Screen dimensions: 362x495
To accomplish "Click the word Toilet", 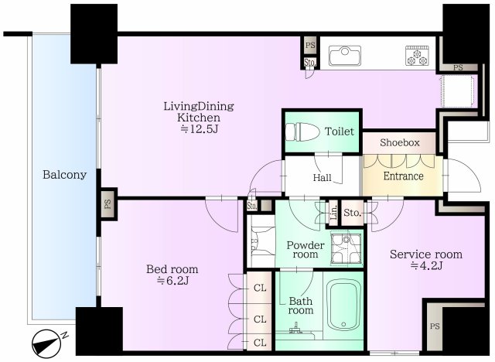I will point(340,131).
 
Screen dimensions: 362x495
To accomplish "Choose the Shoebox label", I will point(400,142).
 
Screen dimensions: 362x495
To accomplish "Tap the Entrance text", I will point(403,176).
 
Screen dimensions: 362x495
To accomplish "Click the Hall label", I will point(322,178).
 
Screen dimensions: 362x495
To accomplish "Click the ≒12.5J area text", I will point(198,129).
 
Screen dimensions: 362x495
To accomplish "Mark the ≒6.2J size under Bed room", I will point(172,281).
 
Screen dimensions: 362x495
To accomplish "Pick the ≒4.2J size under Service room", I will point(425,266).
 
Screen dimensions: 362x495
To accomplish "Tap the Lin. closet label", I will point(333,212).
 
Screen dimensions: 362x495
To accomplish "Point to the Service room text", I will point(425,254).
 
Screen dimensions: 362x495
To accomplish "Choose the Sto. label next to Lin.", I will point(352,212).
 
